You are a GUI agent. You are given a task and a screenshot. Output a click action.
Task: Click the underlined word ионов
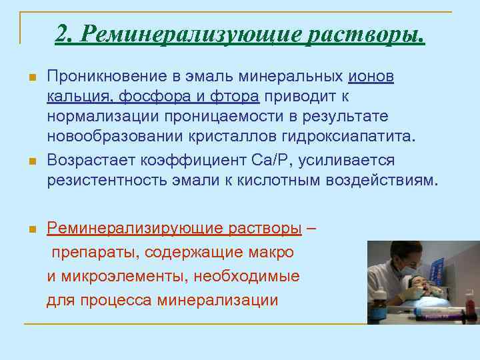[x=371, y=77]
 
